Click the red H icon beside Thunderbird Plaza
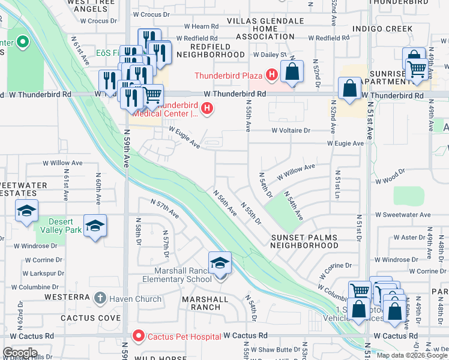click(271, 75)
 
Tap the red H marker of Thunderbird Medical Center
click(207, 108)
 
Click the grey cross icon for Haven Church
click(100, 298)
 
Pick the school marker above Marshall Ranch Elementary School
click(220, 263)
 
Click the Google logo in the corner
click(20, 353)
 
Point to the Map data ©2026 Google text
click(411, 355)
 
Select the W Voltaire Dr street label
click(291, 130)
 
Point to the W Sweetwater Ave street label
click(403, 215)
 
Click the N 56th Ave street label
click(226, 204)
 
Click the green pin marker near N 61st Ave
click(22, 43)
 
